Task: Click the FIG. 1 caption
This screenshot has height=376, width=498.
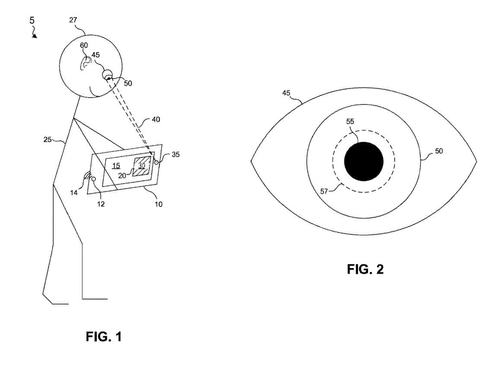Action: click(x=104, y=337)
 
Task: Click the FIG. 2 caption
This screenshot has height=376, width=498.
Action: click(x=365, y=269)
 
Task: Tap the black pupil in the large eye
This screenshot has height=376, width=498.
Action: click(x=364, y=161)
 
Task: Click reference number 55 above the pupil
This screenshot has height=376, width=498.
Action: click(x=350, y=121)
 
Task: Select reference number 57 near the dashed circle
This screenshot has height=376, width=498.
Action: click(x=324, y=192)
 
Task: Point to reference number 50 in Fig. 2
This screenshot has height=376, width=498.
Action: click(x=438, y=151)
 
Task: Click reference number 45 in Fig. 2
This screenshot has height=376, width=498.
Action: click(x=286, y=93)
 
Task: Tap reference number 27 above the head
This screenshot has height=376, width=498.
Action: click(x=73, y=20)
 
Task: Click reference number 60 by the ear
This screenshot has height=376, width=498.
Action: click(x=84, y=45)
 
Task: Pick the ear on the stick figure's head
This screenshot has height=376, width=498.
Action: click(x=84, y=63)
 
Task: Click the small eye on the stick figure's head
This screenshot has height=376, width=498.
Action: click(x=108, y=75)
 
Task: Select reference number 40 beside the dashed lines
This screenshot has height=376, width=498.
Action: click(x=156, y=120)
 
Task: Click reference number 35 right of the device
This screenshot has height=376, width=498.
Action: click(x=176, y=155)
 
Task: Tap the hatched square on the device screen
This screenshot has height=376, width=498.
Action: click(x=141, y=166)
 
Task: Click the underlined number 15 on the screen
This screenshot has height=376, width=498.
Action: click(x=116, y=165)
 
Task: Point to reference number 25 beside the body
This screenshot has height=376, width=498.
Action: click(x=48, y=139)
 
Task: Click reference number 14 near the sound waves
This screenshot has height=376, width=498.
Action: click(x=74, y=193)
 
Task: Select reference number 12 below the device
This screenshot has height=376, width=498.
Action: click(x=101, y=204)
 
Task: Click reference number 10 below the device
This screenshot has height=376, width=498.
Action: click(x=159, y=204)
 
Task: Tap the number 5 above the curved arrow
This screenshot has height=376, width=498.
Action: click(x=32, y=20)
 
